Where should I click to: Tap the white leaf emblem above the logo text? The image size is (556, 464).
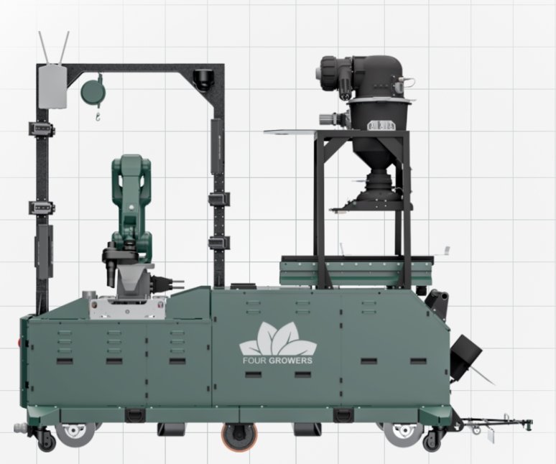[x=278, y=339]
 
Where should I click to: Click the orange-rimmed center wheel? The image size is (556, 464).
[x=239, y=436]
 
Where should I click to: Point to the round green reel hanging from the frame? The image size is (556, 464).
[x=93, y=91]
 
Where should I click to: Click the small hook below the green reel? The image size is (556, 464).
[x=98, y=116]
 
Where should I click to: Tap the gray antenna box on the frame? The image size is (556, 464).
[x=52, y=86]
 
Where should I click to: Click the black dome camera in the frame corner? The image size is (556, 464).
[x=203, y=80]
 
